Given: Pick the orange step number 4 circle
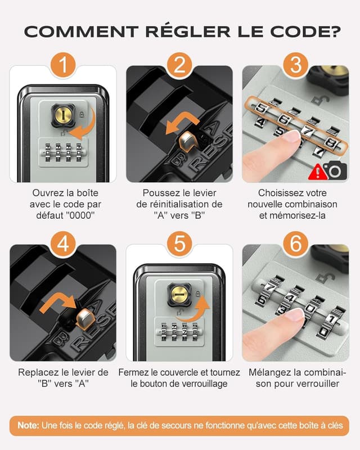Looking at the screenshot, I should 64,244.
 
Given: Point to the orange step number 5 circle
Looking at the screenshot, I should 179,244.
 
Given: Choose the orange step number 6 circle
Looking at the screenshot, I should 295,244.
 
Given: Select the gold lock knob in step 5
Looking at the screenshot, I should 179,294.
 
